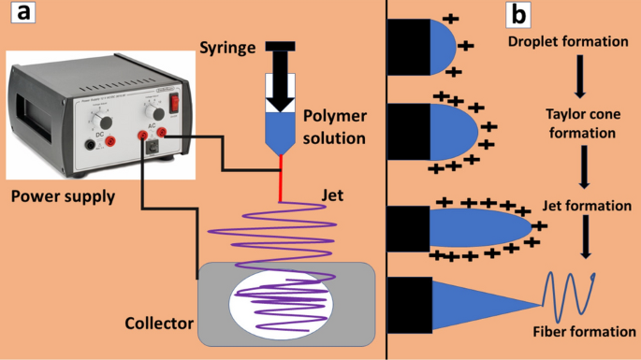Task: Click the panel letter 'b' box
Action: pos(517,15)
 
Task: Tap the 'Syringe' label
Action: pos(227,47)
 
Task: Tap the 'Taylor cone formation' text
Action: pos(580,123)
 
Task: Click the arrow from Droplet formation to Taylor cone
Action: pos(581,77)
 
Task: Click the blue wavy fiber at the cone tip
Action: pos(572,295)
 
